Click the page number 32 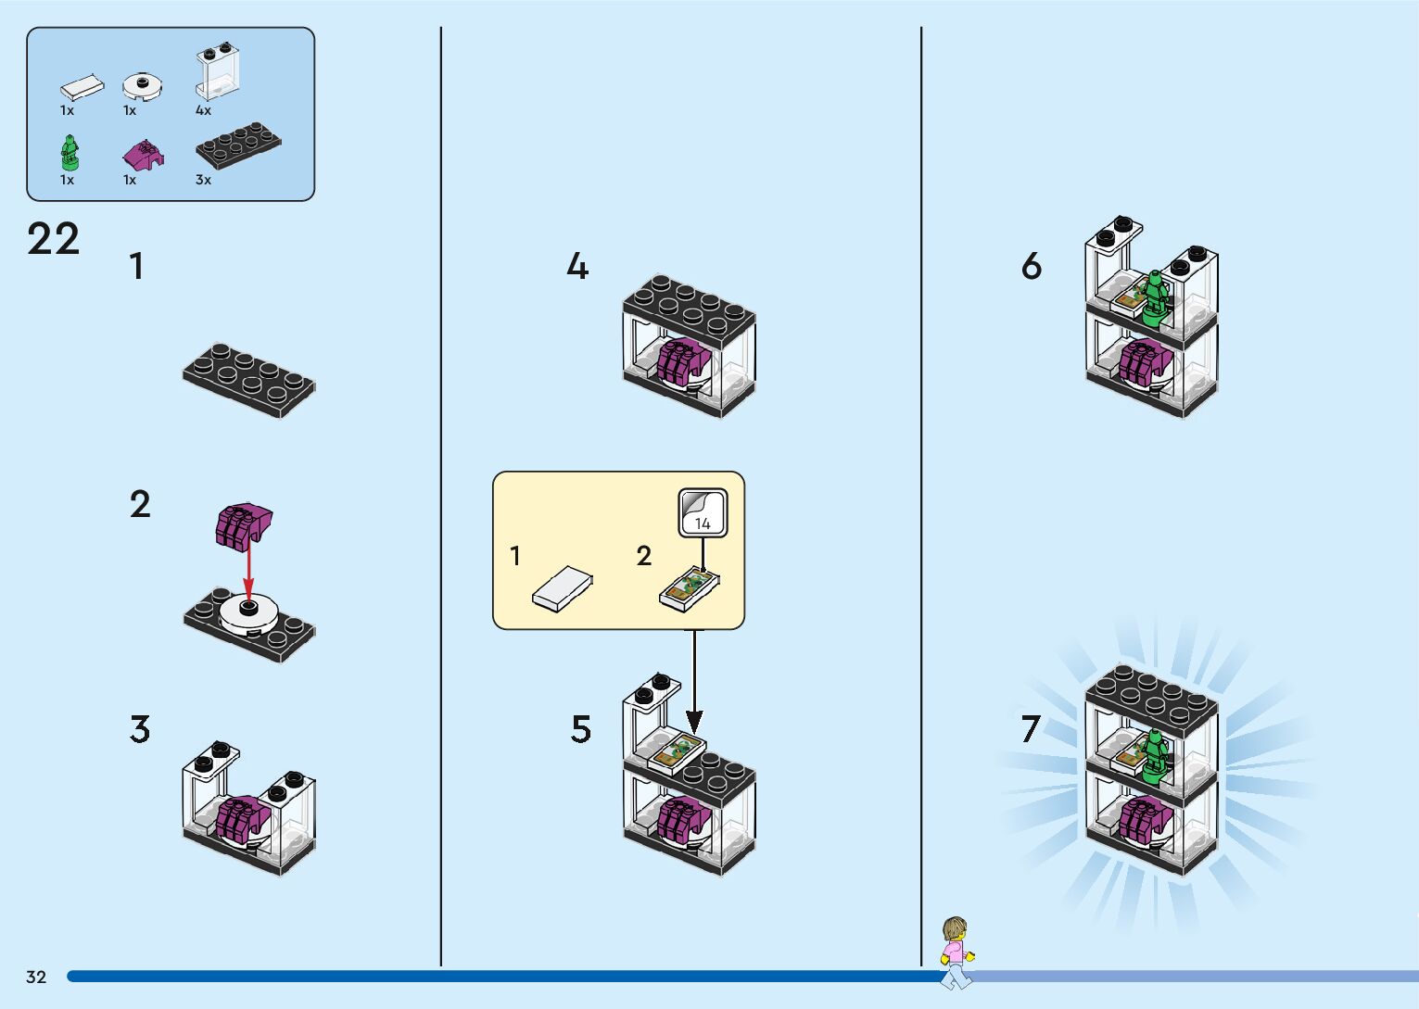pyautogui.click(x=36, y=977)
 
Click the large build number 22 pyautogui.click(x=54, y=239)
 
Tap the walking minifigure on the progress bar pyautogui.click(x=956, y=952)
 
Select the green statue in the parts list pyautogui.click(x=69, y=153)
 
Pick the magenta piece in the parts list pyautogui.click(x=143, y=154)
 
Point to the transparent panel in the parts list pyautogui.click(x=217, y=72)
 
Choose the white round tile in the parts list pyautogui.click(x=143, y=86)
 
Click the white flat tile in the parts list pyautogui.click(x=82, y=88)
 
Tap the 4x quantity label pyautogui.click(x=203, y=110)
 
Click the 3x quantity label pyautogui.click(x=203, y=180)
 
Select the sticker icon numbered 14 pyautogui.click(x=703, y=512)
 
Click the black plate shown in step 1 pyautogui.click(x=248, y=380)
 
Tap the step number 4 pyautogui.click(x=576, y=267)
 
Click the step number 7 pyautogui.click(x=1031, y=729)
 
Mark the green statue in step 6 pyautogui.click(x=1153, y=296)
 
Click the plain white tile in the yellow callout pyautogui.click(x=563, y=588)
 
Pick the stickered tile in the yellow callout pyautogui.click(x=689, y=590)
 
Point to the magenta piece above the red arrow pyautogui.click(x=243, y=524)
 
